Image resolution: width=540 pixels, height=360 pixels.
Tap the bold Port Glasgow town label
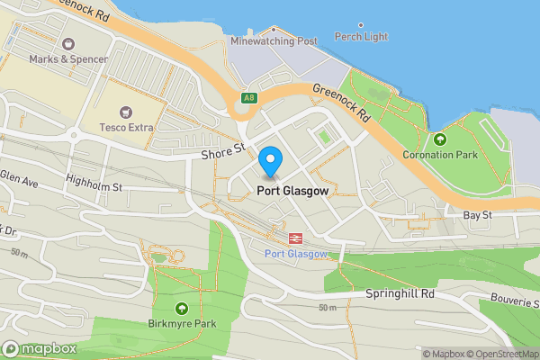pos(292,191)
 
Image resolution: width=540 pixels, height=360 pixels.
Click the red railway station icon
pos(294,238)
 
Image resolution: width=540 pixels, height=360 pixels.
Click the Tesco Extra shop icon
pos(127,112)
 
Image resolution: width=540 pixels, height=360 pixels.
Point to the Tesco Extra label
pos(126,128)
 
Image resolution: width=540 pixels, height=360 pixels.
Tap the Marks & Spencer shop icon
pos(68,43)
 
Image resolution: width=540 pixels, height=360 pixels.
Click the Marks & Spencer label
pos(68,59)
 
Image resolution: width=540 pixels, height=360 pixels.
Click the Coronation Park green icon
pos(440,139)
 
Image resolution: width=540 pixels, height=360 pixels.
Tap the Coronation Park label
pos(439,155)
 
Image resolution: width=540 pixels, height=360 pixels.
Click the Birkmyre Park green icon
pos(182,308)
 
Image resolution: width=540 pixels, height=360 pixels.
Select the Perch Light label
pos(361,37)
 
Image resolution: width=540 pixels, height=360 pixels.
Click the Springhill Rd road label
pos(400,293)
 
